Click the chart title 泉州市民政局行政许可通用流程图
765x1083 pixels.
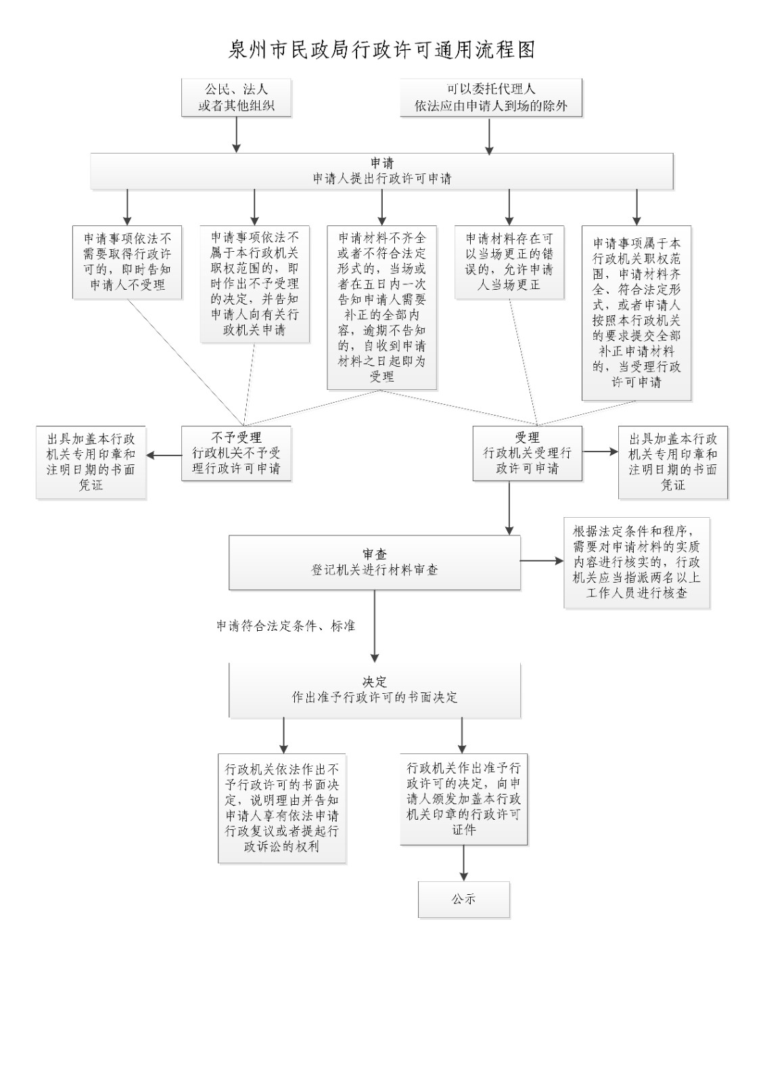point(382,50)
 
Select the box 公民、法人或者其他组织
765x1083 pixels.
point(236,97)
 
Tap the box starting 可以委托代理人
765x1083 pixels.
point(490,97)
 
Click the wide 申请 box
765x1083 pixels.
point(382,171)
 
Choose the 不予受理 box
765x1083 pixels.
point(236,453)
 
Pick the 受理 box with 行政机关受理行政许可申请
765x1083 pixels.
point(527,453)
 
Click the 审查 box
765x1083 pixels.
point(374,562)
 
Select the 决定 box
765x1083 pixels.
point(374,690)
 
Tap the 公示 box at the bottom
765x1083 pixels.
point(463,900)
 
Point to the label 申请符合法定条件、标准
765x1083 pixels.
point(285,626)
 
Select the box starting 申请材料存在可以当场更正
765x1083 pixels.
point(509,261)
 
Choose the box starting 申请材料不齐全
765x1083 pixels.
point(382,307)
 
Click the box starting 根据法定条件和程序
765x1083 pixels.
point(636,562)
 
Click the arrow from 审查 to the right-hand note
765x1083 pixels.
point(542,561)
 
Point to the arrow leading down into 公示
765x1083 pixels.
point(463,863)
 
